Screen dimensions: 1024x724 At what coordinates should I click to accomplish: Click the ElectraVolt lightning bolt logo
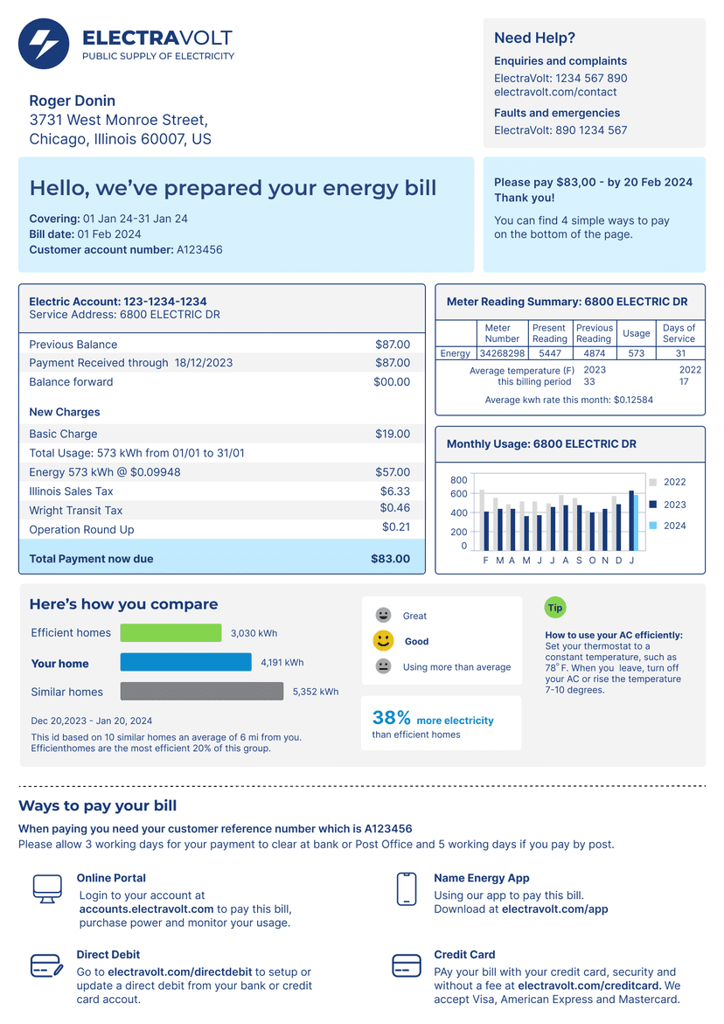pyautogui.click(x=44, y=44)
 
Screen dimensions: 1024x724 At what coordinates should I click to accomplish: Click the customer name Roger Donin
pyautogui.click(x=73, y=101)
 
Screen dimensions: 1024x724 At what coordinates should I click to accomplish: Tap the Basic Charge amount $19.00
pyautogui.click(x=393, y=434)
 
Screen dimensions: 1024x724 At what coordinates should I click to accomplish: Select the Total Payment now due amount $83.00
pyautogui.click(x=390, y=559)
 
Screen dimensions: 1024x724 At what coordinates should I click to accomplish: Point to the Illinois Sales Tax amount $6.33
pyautogui.click(x=395, y=491)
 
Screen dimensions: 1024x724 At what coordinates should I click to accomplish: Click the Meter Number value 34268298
pyautogui.click(x=502, y=353)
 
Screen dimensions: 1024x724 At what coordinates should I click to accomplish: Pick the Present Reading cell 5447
pyautogui.click(x=549, y=353)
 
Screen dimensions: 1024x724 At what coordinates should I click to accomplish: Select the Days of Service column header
pyautogui.click(x=679, y=333)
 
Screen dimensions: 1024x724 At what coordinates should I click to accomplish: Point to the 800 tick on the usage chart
pyautogui.click(x=458, y=480)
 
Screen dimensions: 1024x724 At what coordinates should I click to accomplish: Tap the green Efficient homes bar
pyautogui.click(x=171, y=633)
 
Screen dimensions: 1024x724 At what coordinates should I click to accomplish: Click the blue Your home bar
pyautogui.click(x=185, y=663)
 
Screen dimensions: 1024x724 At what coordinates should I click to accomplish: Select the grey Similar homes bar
pyautogui.click(x=201, y=692)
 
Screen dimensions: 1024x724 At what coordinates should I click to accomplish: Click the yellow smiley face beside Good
pyautogui.click(x=383, y=641)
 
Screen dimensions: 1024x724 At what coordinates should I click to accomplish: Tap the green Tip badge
pyautogui.click(x=555, y=608)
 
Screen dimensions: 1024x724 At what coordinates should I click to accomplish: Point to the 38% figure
pyautogui.click(x=391, y=718)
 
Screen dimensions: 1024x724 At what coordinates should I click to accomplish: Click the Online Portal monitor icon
pyautogui.click(x=47, y=888)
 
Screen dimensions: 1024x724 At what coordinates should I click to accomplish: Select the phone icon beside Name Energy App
pyautogui.click(x=406, y=888)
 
